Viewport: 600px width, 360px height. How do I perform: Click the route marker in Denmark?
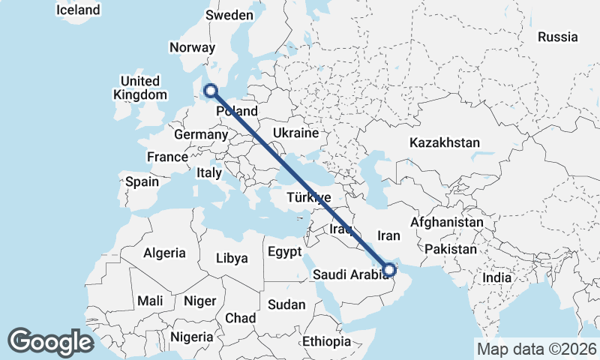point(211,91)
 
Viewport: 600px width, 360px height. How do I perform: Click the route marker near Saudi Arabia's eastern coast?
point(390,268)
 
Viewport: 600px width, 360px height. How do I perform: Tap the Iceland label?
point(78,10)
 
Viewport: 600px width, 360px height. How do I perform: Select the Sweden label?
point(230,15)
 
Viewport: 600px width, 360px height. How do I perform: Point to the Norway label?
point(193,47)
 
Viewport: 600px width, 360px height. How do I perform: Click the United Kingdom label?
point(140,88)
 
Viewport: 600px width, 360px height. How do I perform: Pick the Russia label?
point(558,37)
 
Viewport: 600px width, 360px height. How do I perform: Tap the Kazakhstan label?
point(445,142)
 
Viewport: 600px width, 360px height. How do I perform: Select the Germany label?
point(200,135)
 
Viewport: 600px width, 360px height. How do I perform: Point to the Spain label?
point(142,181)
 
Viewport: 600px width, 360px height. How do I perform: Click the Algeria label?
point(164,253)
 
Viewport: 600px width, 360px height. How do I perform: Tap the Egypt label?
point(284,251)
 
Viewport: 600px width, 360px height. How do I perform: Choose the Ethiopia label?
point(326,341)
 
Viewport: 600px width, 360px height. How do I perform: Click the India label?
point(497,277)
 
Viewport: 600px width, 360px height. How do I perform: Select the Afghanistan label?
point(446,223)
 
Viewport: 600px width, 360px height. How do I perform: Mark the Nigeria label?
point(192,337)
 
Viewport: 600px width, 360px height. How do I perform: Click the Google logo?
point(50,342)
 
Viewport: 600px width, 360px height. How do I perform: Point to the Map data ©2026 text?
point(536,349)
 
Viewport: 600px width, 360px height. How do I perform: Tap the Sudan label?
point(286,304)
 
